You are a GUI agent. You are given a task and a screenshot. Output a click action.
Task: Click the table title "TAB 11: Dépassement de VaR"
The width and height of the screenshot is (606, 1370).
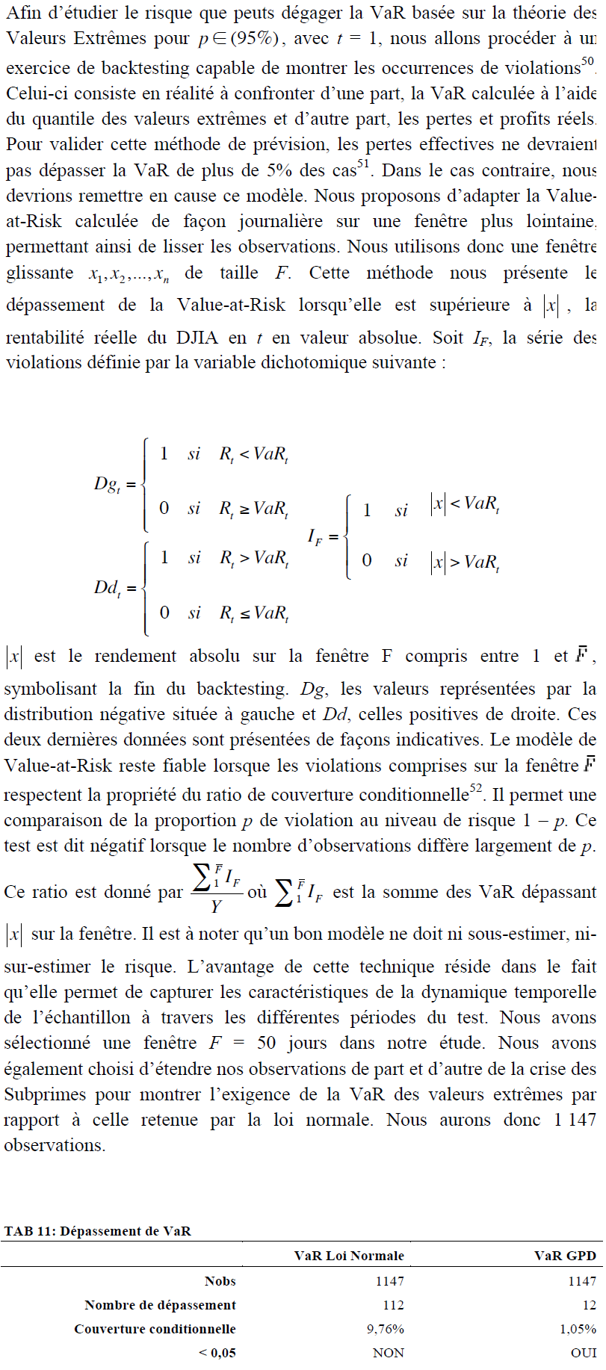(98, 1231)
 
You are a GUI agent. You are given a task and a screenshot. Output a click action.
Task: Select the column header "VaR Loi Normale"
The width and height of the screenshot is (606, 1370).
(349, 1256)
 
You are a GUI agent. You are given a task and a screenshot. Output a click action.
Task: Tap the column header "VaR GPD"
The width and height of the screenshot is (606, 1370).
(565, 1256)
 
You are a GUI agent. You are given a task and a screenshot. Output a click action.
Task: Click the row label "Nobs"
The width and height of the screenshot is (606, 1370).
(220, 1281)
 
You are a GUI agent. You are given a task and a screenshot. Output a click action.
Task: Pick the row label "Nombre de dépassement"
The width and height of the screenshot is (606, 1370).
(160, 1305)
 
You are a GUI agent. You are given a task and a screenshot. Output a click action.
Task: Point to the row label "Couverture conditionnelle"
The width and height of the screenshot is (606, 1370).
(155, 1329)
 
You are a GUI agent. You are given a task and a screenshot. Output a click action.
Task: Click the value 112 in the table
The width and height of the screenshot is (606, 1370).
(392, 1305)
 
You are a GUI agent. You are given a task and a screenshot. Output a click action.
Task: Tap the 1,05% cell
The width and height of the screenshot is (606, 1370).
(578, 1329)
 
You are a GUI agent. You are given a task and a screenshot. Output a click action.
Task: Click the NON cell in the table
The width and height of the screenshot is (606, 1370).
(388, 1353)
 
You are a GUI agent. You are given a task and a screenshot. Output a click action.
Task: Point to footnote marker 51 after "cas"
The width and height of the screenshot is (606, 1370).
(364, 165)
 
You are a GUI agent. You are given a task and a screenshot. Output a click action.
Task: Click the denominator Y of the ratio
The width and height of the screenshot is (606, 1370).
(216, 907)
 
